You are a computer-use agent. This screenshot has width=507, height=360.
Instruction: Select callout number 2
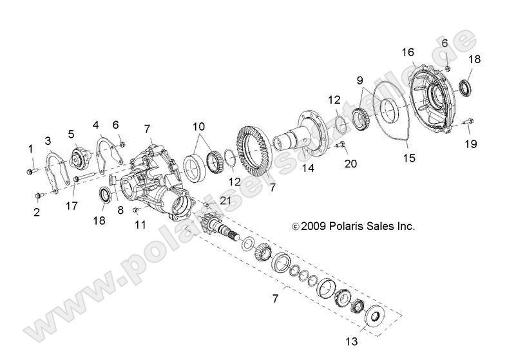pyautogui.click(x=37, y=211)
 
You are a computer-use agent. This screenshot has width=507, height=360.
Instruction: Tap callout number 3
pyautogui.click(x=48, y=140)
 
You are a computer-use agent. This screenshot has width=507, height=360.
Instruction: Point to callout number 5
pyautogui.click(x=72, y=134)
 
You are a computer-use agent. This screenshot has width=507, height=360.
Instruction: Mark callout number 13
pyautogui.click(x=352, y=340)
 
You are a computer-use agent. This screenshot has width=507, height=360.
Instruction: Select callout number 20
pyautogui.click(x=350, y=164)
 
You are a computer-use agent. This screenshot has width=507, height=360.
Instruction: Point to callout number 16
pyautogui.click(x=408, y=52)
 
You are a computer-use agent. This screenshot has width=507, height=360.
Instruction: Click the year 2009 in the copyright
pyautogui.click(x=314, y=226)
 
